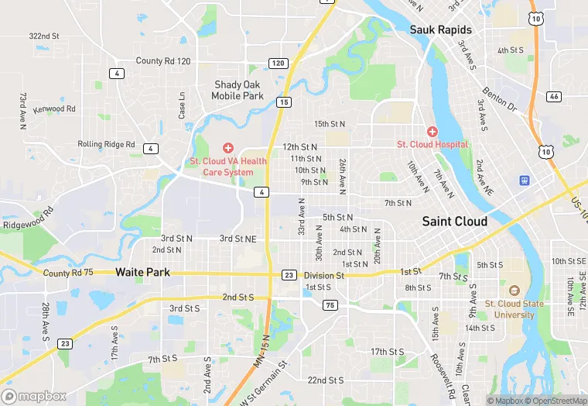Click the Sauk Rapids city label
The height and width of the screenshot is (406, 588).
(x=440, y=29)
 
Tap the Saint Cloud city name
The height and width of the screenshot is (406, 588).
(x=455, y=222)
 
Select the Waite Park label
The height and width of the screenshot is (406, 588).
(x=142, y=273)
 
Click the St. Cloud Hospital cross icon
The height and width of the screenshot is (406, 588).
(x=432, y=132)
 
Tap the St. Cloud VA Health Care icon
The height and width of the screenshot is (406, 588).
(x=228, y=147)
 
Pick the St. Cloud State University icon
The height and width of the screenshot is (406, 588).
(x=514, y=290)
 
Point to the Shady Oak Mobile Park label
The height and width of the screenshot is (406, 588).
(x=238, y=91)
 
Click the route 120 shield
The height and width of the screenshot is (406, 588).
(x=279, y=63)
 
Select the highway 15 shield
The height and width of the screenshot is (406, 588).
(x=284, y=101)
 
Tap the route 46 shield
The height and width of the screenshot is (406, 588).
(x=553, y=97)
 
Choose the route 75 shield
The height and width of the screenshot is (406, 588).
(x=330, y=305)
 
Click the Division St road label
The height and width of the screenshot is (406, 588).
(x=323, y=275)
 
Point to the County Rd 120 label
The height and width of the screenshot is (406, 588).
(x=162, y=60)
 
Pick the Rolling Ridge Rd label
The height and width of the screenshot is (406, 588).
(x=106, y=144)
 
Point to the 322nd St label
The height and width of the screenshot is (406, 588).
(x=44, y=36)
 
